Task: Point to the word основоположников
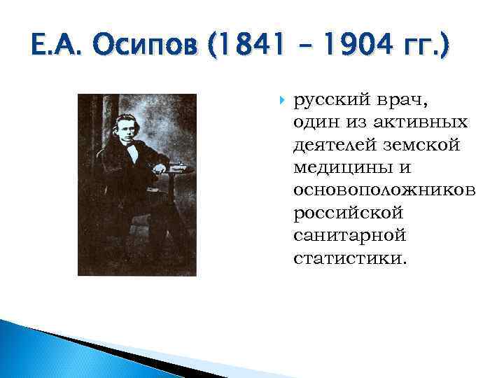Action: point(385,190)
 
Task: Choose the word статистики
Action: point(349,258)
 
